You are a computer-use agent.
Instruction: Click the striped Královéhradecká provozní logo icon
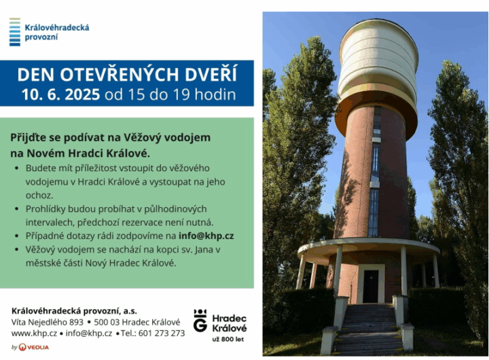click(15, 32)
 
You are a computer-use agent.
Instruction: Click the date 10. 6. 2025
click(61, 94)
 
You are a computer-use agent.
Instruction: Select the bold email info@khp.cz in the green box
click(206, 236)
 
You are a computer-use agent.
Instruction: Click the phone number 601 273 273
click(162, 334)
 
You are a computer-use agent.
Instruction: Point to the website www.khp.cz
click(34, 334)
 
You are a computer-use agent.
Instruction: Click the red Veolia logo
click(34, 347)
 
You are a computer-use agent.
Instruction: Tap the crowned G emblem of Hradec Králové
click(200, 320)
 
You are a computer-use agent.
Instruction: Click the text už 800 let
click(228, 340)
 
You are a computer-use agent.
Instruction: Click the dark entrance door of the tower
click(371, 287)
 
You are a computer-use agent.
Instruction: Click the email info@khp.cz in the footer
click(89, 334)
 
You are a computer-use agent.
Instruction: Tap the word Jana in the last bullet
click(204, 249)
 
